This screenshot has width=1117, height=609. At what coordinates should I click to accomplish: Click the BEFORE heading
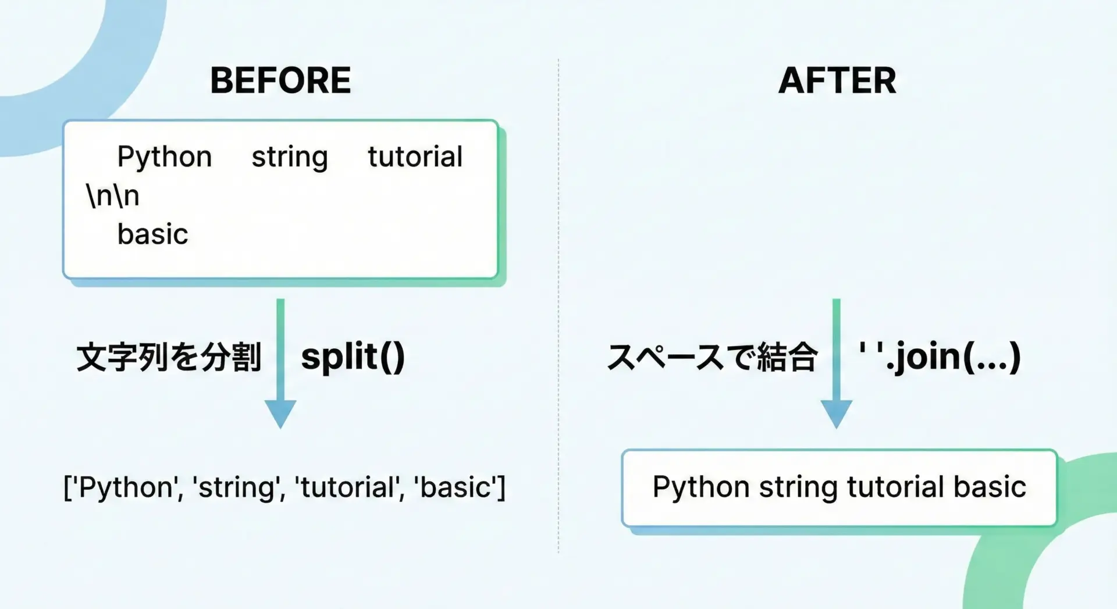pos(280,80)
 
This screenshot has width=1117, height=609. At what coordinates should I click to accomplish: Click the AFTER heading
pos(837,80)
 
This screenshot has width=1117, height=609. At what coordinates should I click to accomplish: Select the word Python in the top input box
pos(165,157)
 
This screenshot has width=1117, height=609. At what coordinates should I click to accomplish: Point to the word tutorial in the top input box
pos(415,156)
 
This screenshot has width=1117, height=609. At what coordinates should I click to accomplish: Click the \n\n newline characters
pos(113,195)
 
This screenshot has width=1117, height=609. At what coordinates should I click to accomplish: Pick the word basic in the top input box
pos(153,234)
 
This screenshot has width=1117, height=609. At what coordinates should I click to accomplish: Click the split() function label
pos(353,357)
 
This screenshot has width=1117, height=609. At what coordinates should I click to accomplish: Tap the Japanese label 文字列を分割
pos(169,357)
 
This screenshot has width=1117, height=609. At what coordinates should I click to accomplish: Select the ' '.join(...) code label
pos(940,357)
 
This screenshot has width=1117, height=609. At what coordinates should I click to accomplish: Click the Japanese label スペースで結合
pos(712,357)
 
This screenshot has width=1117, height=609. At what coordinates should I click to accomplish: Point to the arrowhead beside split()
pos(280,414)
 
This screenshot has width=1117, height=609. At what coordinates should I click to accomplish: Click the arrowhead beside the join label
pos(837,414)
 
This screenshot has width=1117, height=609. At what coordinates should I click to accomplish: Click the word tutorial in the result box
pos(895,486)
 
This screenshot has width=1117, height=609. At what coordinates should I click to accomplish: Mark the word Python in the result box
pos(701,487)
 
